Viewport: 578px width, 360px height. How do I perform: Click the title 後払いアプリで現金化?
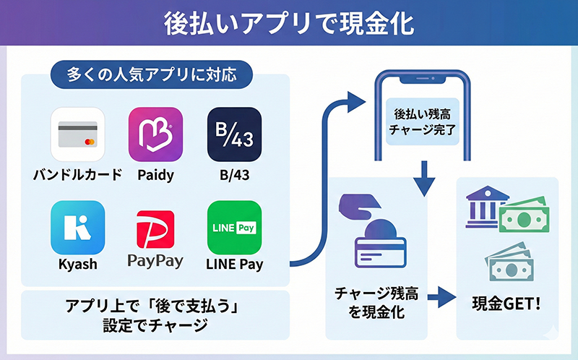coord(289,22)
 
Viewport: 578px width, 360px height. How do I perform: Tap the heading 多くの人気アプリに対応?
coord(144,74)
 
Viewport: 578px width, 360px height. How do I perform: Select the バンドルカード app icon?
coord(77,134)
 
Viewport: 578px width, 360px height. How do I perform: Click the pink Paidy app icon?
coord(155,134)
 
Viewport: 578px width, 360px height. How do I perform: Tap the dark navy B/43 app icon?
coord(233,134)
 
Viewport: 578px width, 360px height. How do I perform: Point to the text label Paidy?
coord(155,174)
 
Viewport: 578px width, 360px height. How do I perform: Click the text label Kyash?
coord(77,264)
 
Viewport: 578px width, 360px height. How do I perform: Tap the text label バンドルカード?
coord(77,174)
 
